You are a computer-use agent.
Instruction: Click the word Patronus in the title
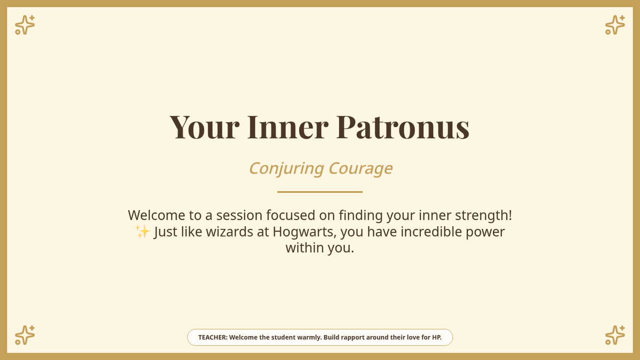coord(403,127)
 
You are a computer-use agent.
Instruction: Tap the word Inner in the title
coord(287,127)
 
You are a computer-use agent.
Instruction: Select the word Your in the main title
coord(205,127)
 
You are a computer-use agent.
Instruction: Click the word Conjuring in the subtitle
coord(286,169)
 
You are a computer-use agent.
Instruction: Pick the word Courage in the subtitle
coord(361,169)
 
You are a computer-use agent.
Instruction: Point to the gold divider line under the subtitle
coord(320,192)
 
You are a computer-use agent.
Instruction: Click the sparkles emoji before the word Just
coord(142,231)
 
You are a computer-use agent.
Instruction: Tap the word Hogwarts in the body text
coord(305,231)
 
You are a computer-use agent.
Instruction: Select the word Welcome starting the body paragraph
coord(157,215)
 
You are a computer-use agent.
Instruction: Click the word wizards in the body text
coord(229,231)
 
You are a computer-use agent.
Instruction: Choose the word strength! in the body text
coord(483,215)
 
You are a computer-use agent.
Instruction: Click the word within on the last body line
coord(305,247)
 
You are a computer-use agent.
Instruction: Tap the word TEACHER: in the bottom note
coord(213,338)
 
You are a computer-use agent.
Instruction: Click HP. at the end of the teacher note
coord(437,338)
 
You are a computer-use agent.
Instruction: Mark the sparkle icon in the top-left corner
coord(25,25)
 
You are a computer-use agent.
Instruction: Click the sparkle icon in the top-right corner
coord(615,25)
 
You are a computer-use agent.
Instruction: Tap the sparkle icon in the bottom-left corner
coord(25,335)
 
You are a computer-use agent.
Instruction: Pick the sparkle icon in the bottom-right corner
coord(615,335)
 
